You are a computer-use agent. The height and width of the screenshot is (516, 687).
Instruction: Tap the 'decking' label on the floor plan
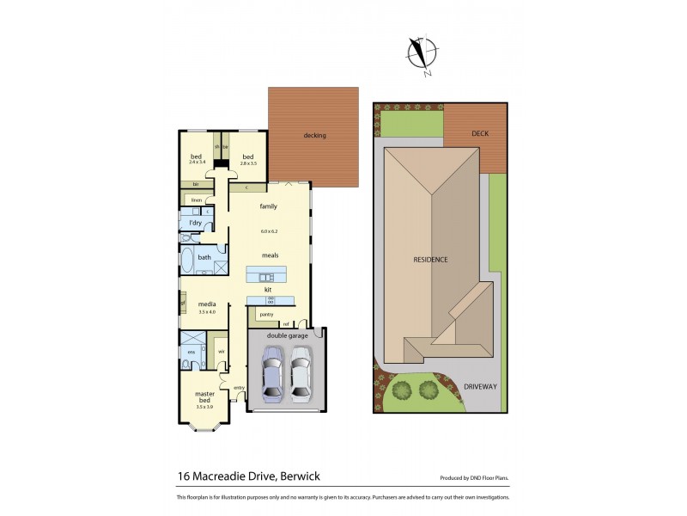coord(314,135)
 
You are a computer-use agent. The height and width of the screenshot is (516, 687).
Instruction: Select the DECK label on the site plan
coord(480,134)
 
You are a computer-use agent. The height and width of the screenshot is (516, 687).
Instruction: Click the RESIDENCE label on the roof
coord(430,259)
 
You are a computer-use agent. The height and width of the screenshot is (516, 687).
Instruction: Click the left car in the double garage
coord(272,374)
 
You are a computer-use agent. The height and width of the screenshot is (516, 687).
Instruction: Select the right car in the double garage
coord(300,374)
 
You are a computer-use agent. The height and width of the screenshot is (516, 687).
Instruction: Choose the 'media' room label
coord(206,304)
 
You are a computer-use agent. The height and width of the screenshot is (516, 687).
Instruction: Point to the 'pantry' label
coord(266,315)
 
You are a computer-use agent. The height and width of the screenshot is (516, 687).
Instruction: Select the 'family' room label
coord(269,206)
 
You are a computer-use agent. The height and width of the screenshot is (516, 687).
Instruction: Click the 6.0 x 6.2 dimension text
coord(270,230)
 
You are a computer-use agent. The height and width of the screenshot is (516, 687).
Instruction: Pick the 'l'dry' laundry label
coord(194,224)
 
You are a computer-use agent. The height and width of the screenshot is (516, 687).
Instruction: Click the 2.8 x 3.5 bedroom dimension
coord(248,163)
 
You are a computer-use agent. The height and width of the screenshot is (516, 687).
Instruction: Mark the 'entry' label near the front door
coord(238,388)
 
